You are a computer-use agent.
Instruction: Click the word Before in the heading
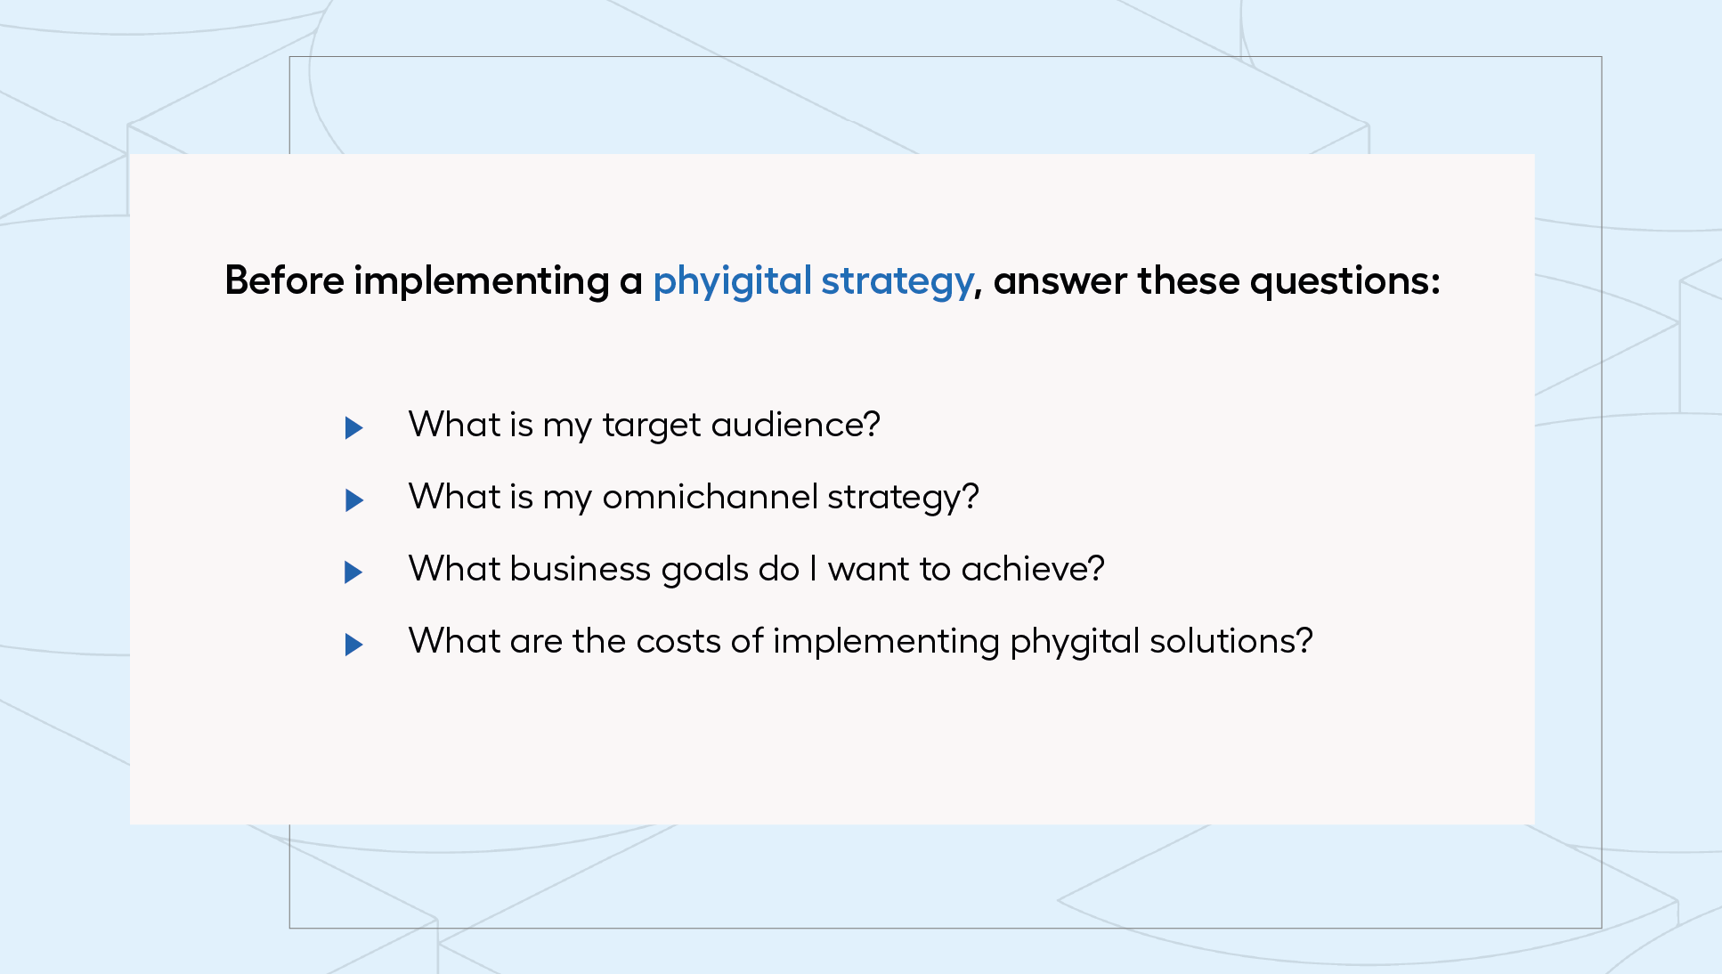tap(284, 280)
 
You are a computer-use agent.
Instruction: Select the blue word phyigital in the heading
tap(732, 282)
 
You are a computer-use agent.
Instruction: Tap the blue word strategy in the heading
tap(897, 283)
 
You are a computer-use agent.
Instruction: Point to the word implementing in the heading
tap(482, 282)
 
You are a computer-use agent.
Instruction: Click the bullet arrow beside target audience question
tap(353, 428)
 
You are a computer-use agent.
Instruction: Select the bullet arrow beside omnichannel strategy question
tap(353, 500)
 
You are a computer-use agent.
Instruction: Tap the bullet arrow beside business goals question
tap(353, 572)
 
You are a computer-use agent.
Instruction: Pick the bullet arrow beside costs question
tap(353, 644)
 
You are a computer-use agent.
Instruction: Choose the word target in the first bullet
tap(652, 426)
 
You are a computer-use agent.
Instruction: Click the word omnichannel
tap(710, 497)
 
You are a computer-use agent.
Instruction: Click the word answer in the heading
tap(1060, 283)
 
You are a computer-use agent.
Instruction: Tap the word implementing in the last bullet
tap(886, 643)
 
